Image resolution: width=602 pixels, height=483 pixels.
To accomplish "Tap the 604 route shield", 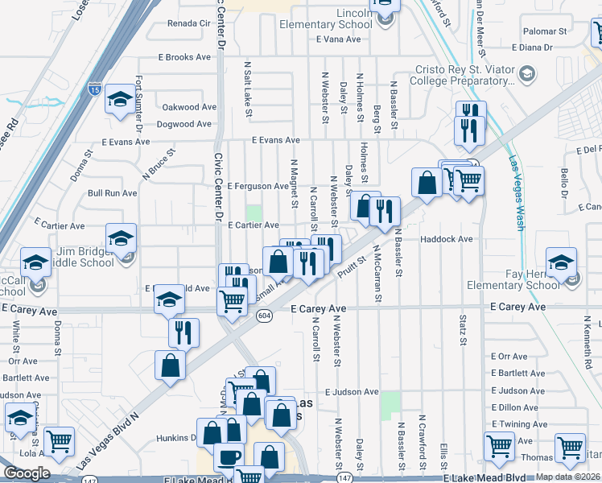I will [x=264, y=316].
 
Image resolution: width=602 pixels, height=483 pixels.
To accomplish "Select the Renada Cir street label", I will [x=188, y=23].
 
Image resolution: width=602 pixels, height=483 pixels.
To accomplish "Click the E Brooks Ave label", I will [x=185, y=57].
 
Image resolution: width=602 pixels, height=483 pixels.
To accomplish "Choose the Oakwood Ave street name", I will [x=189, y=107].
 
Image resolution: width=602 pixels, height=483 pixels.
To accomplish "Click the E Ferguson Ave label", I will [x=257, y=186].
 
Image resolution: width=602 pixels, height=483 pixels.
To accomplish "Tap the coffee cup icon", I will [x=228, y=457].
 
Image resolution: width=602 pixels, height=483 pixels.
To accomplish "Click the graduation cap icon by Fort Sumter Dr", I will [x=120, y=100].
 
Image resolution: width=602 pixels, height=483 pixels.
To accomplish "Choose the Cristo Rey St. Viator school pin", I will [x=526, y=75].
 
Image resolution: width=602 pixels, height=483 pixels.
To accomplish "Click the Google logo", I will [x=27, y=473].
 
